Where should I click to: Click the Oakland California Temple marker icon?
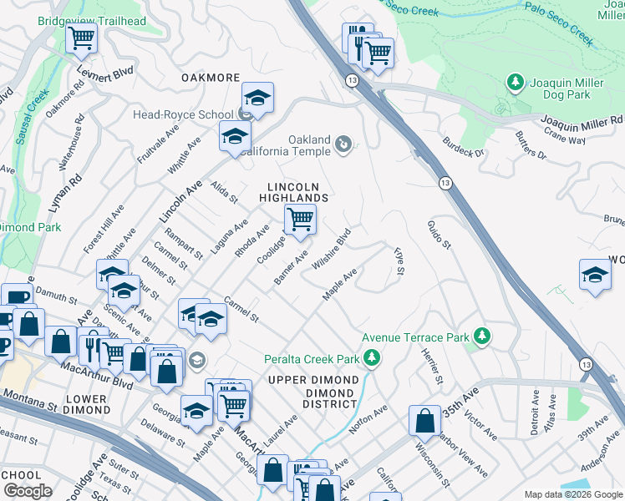pos(343,146)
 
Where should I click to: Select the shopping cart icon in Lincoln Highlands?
pos(300,220)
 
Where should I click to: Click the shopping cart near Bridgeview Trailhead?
pos(82,37)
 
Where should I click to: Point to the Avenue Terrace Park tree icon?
pos(481,336)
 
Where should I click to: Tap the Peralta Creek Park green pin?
pos(372,359)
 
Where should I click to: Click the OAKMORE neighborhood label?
pos(211,78)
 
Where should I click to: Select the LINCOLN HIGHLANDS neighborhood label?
pos(297,192)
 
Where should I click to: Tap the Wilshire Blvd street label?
pos(331,250)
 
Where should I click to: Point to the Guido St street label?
pos(440,235)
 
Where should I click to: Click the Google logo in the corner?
pos(28,491)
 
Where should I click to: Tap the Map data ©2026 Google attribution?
pos(572,494)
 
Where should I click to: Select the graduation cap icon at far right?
pos(594,275)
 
